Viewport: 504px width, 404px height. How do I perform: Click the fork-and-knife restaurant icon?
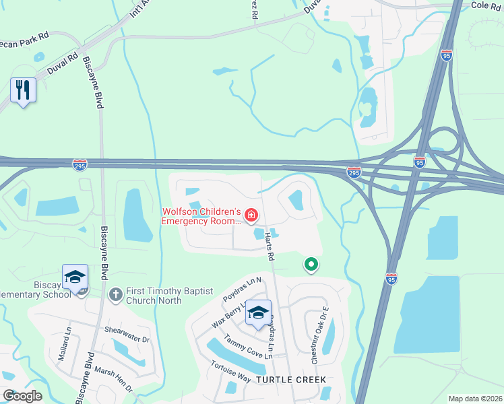coord(23,89)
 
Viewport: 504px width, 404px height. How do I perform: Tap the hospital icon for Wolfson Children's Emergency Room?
coord(251,215)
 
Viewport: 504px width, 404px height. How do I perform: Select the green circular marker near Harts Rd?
coord(311,265)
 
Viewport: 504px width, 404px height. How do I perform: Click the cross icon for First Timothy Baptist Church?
coord(116,294)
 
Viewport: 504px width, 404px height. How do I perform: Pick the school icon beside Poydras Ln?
coord(258,312)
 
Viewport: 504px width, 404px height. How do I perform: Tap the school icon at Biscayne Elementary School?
coord(75,276)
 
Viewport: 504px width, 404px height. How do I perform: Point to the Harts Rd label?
coord(270,246)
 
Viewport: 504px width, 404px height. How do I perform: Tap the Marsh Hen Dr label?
coord(115,380)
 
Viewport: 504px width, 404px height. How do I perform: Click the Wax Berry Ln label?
coord(228,314)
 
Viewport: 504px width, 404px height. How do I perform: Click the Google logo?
coord(22,395)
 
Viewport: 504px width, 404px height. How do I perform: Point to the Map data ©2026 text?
coord(474,399)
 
